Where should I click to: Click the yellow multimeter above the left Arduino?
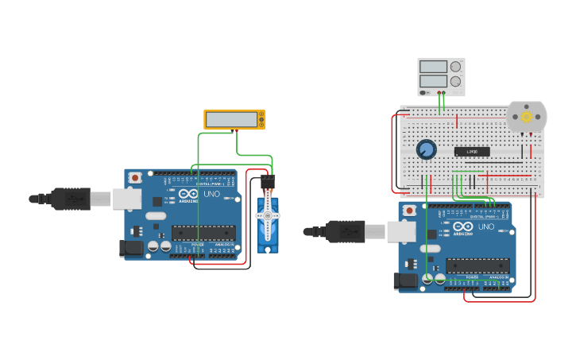234,119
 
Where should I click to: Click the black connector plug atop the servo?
268,182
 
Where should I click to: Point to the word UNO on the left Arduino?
212,194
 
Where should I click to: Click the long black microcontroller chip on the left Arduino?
203,233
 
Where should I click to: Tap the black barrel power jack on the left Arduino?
130,249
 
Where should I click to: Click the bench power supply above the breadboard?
441,77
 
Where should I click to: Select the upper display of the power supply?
433,67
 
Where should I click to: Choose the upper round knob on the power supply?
455,67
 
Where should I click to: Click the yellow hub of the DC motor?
526,116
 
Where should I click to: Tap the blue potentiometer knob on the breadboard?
427,149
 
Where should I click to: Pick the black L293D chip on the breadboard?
472,151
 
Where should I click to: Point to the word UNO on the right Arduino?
486,226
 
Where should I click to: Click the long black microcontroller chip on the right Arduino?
477,265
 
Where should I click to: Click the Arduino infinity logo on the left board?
189,194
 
